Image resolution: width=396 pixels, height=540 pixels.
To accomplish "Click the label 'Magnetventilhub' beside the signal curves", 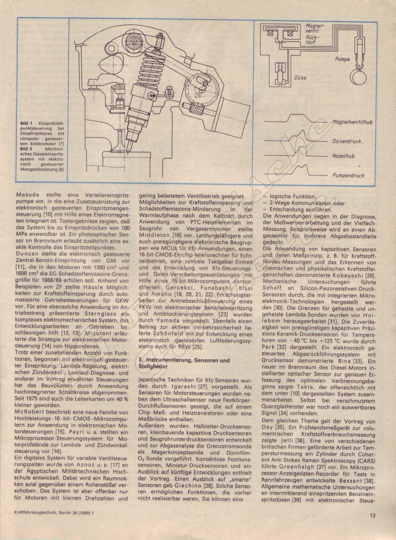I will (x=352, y=122).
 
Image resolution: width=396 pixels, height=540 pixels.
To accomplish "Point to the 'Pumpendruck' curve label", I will (x=348, y=175).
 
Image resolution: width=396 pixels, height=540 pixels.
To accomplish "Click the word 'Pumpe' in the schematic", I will (x=342, y=59).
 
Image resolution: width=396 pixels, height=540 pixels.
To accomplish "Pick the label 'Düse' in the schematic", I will (x=300, y=78).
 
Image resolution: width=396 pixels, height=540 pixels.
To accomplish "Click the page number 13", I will (x=372, y=524).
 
